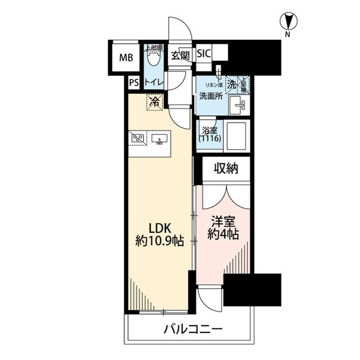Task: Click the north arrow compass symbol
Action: click(x=288, y=22)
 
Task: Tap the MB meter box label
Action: click(x=126, y=56)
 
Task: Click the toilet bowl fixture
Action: click(x=153, y=57)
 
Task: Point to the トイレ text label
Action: click(x=154, y=82)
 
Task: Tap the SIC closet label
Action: click(x=204, y=54)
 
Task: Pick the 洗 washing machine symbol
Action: click(x=232, y=84)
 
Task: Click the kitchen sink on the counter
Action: click(x=157, y=138)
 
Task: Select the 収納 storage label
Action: click(x=226, y=167)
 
